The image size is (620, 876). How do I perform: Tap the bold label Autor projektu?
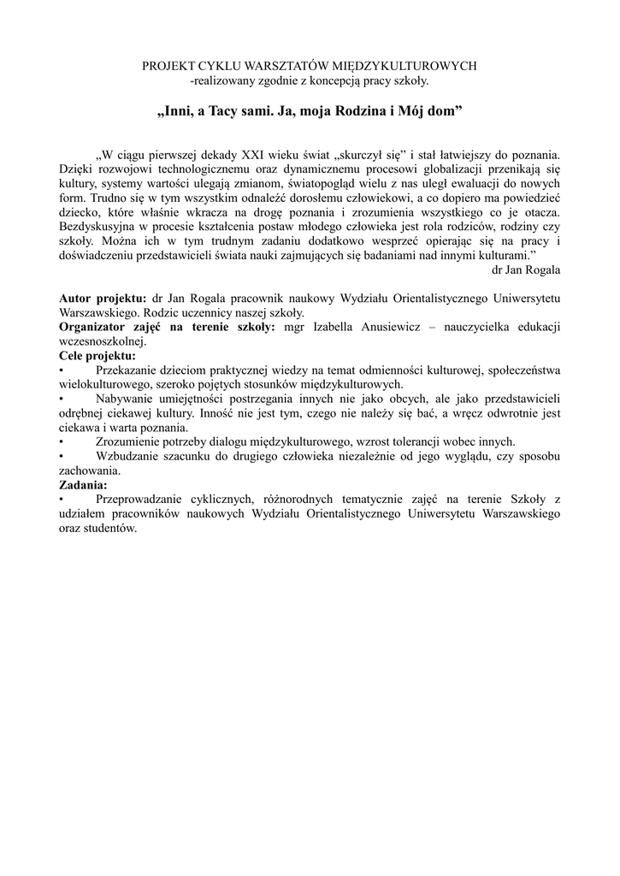pos(103,298)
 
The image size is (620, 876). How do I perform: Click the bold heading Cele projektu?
pos(97,355)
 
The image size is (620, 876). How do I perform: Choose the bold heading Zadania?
pos(83,484)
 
